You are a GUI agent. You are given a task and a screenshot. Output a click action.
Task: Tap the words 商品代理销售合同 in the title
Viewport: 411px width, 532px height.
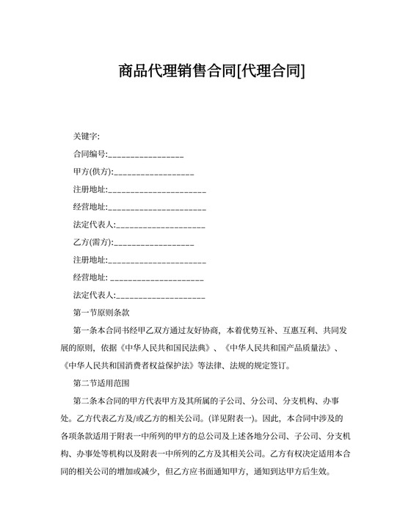(175, 71)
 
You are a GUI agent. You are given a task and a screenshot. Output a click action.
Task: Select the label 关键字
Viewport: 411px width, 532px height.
(86, 136)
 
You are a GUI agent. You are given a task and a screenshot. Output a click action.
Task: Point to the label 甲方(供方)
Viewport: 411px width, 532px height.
(92, 172)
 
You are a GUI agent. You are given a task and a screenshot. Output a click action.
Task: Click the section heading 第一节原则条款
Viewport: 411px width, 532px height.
(101, 312)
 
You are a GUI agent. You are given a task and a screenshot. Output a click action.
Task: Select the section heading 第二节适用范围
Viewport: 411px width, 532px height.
(101, 382)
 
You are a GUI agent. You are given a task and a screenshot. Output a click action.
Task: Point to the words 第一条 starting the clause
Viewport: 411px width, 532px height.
(85, 329)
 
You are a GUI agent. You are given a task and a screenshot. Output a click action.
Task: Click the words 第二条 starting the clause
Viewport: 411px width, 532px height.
(85, 400)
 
